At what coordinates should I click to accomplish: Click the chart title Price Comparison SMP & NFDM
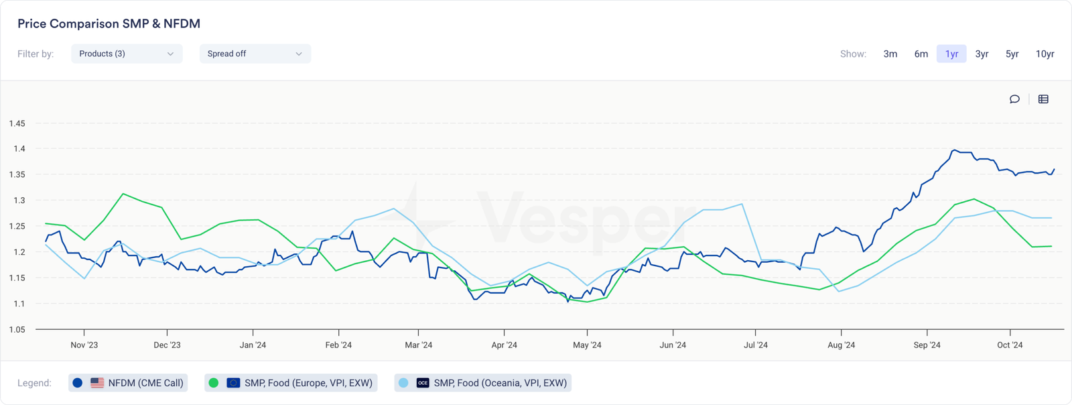tap(109, 23)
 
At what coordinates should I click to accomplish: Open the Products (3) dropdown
tap(127, 54)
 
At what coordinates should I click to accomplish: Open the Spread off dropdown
tap(255, 54)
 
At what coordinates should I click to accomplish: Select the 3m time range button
tap(890, 54)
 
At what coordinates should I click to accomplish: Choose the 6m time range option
tap(921, 54)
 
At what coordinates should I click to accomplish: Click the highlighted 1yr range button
tap(951, 54)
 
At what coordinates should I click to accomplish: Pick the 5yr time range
tap(1012, 54)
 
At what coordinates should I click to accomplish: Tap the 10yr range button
tap(1045, 54)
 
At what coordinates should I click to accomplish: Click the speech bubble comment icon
tap(1014, 99)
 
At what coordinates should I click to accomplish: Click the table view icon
tap(1043, 99)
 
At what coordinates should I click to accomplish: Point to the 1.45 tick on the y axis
tap(17, 123)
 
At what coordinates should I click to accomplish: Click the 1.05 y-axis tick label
tap(17, 329)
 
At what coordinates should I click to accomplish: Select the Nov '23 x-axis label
tap(84, 345)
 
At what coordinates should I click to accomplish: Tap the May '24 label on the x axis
tap(587, 345)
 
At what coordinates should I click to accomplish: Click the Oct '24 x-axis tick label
tap(1010, 345)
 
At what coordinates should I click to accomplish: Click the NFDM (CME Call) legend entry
tap(127, 383)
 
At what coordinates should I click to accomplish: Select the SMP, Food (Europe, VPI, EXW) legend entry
tap(291, 383)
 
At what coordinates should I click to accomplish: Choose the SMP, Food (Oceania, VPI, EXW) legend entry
tap(482, 383)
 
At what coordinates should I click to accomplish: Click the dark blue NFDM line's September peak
tap(955, 150)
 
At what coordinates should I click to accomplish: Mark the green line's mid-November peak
tap(123, 194)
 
